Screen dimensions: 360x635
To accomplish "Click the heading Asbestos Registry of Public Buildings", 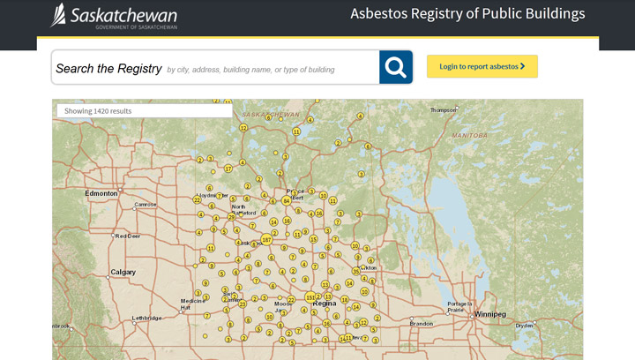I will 467,14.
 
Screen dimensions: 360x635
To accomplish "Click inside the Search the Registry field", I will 216,68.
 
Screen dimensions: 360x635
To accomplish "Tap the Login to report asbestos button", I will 482,66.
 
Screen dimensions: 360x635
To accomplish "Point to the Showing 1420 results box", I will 144,111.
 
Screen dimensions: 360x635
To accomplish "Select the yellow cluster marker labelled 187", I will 266,239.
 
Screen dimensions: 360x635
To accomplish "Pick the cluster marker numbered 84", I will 286,200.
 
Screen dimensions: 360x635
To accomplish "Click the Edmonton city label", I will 101,192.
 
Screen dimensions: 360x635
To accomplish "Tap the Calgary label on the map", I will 123,272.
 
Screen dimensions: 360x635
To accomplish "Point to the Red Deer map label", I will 128,236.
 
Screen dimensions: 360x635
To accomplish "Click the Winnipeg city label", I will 489,314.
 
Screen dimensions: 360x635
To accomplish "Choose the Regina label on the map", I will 324,304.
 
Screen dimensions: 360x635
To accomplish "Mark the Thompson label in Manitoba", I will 443,110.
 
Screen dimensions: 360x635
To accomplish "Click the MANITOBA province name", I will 469,136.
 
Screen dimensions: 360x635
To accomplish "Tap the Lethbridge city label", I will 146,318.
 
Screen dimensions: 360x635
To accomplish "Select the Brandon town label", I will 422,324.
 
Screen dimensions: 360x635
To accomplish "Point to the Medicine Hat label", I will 193,304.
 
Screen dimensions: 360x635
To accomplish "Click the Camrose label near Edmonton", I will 145,205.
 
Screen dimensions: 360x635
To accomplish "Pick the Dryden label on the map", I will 525,326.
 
